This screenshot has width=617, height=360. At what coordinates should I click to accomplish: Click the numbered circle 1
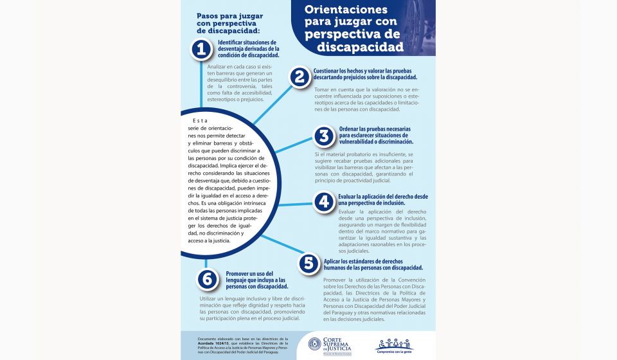tap(202, 49)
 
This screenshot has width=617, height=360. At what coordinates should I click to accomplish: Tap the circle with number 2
tap(300, 77)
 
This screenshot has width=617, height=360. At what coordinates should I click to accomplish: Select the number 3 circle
tap(325, 136)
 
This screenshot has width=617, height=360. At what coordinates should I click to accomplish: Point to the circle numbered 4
tap(324, 202)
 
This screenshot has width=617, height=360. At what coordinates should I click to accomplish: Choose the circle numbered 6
tap(206, 278)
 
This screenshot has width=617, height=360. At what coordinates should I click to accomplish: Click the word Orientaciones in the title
tap(346, 10)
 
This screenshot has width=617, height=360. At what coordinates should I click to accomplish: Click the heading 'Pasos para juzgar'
tap(229, 15)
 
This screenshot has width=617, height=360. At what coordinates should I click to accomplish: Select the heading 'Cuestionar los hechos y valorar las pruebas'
tap(362, 70)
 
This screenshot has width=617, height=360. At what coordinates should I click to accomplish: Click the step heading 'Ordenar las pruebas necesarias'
tap(372, 129)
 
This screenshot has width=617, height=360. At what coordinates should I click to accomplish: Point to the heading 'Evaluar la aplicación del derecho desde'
tap(382, 196)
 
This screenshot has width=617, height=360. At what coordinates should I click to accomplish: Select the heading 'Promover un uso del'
tap(249, 274)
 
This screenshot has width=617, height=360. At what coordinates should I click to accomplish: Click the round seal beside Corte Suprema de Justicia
tap(315, 345)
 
